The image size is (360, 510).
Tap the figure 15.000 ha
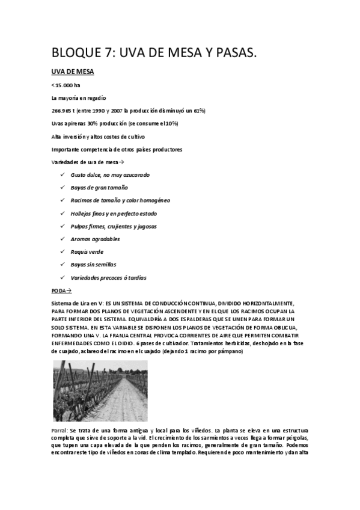(67, 85)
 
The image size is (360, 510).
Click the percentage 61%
(197, 111)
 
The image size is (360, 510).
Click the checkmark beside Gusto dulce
(63, 174)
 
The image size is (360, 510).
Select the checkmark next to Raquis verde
(63, 252)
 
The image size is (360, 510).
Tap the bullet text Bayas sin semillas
(97, 265)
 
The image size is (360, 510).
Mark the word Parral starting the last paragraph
(59, 431)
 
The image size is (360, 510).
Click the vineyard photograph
(100, 390)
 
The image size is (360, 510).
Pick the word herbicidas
(230, 343)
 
